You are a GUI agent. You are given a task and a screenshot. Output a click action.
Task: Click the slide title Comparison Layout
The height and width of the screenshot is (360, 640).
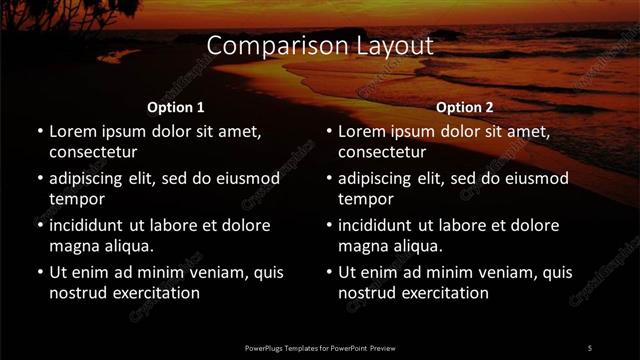(x=320, y=46)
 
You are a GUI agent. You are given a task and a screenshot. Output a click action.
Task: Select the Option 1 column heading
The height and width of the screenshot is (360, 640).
(x=176, y=107)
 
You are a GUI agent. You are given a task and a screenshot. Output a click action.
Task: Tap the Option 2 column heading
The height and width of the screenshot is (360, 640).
(x=465, y=107)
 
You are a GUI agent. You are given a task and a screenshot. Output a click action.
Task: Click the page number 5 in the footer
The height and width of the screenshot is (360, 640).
(x=590, y=348)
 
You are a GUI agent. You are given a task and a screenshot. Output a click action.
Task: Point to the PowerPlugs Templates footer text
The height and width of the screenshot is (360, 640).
(x=320, y=348)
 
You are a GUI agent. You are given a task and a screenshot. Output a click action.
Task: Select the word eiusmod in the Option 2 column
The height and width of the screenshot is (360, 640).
(x=535, y=178)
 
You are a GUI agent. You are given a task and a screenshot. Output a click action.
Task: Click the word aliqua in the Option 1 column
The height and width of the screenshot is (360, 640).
(x=123, y=246)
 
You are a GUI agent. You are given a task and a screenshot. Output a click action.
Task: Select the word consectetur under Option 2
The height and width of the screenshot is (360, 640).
(x=382, y=152)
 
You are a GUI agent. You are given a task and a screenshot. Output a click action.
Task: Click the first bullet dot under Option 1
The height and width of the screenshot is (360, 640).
(x=40, y=132)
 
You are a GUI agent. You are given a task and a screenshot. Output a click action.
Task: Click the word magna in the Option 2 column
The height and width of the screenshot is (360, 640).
(x=362, y=246)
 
